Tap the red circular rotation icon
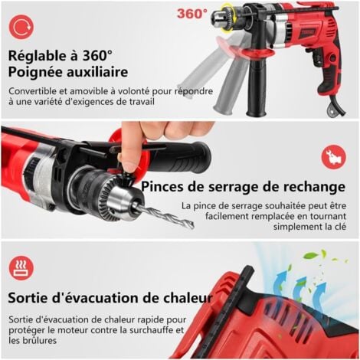point(21,28)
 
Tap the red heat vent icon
point(21,267)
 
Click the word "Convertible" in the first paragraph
point(35,91)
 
